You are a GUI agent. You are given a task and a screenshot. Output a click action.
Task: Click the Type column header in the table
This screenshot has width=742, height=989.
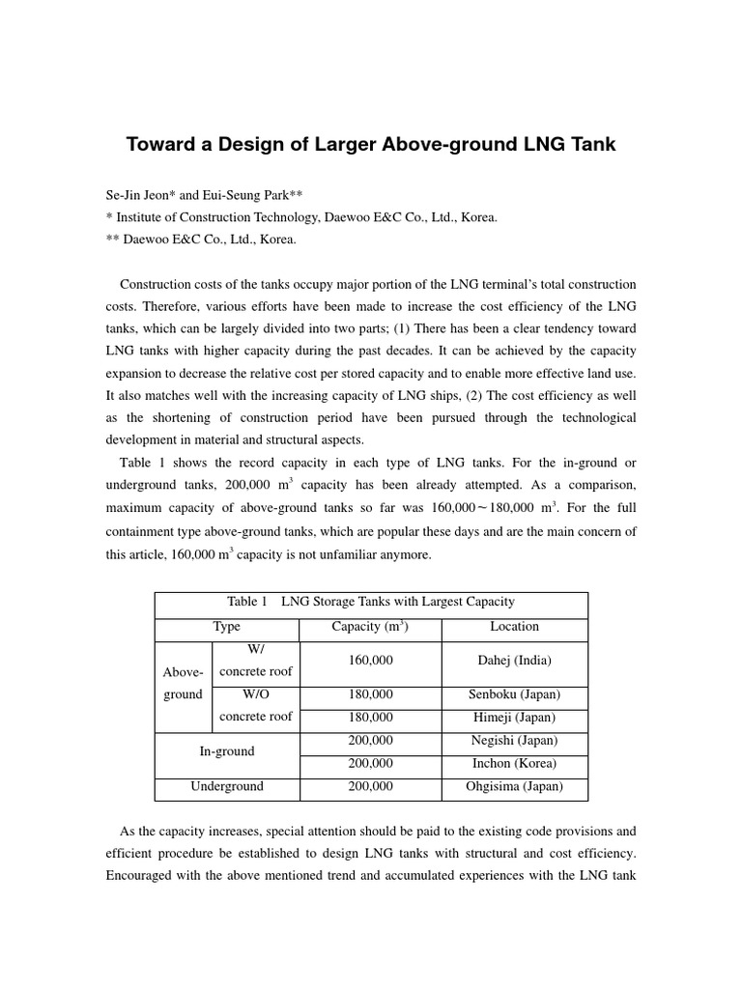click(x=227, y=627)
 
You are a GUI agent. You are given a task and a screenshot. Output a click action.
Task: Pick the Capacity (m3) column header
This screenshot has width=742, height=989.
click(x=370, y=627)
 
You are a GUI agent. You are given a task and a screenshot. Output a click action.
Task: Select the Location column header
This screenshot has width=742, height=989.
click(x=514, y=627)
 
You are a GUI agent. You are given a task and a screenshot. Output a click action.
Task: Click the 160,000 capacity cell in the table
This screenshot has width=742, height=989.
click(x=370, y=661)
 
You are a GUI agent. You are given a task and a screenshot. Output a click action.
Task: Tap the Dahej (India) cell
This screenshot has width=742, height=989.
click(x=514, y=661)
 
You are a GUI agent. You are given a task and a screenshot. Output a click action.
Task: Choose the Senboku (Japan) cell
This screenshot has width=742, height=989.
click(x=514, y=694)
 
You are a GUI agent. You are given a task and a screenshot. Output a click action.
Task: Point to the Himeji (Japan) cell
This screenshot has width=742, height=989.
click(x=514, y=718)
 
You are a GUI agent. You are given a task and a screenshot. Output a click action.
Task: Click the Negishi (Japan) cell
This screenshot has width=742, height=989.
click(x=514, y=741)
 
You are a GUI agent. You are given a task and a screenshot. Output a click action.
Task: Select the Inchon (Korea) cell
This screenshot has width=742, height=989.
click(x=514, y=763)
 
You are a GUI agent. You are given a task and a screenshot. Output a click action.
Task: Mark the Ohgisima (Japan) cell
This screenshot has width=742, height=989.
click(x=514, y=786)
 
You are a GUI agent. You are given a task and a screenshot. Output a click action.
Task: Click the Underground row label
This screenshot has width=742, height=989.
click(x=227, y=786)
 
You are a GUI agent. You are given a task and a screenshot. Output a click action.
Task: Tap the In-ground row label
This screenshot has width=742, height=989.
click(x=227, y=751)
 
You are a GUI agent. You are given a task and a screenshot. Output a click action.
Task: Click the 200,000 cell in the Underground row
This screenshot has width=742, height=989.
click(x=370, y=786)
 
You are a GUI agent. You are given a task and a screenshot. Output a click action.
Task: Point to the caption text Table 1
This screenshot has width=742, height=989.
click(x=247, y=602)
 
